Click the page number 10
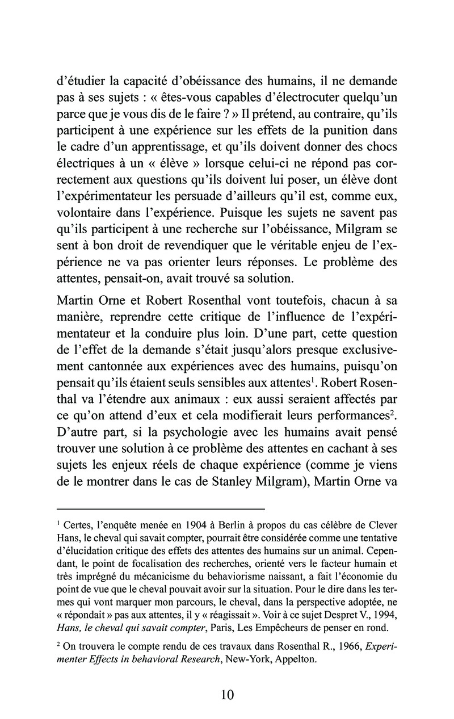click(226, 694)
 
